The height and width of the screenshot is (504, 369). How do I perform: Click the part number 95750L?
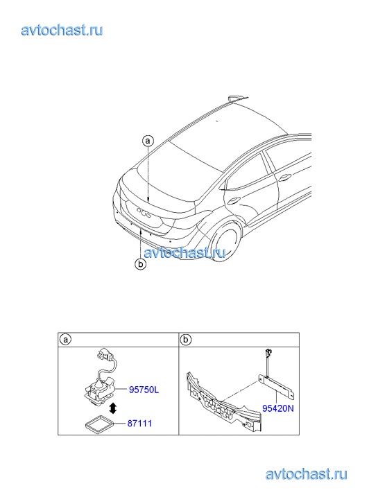click(x=144, y=390)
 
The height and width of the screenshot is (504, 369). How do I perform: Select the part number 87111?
click(x=139, y=424)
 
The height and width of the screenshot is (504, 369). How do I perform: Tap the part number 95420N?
click(x=278, y=408)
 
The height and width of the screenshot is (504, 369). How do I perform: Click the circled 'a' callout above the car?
click(x=148, y=141)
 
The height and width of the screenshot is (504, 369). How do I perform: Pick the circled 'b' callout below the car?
click(x=141, y=265)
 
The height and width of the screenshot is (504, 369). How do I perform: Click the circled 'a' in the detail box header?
click(x=65, y=340)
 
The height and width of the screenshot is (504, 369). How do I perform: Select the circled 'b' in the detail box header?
click(x=186, y=340)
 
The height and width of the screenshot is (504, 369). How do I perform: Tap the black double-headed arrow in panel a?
click(x=113, y=408)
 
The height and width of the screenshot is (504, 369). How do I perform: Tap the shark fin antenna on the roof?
click(x=237, y=98)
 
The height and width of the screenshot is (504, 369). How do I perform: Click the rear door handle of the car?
click(x=232, y=201)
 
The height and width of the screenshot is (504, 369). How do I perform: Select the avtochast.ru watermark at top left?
click(x=62, y=31)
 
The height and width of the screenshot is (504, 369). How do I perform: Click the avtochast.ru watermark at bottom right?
click(x=307, y=474)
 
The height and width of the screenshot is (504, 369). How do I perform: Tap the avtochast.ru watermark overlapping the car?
click(x=184, y=253)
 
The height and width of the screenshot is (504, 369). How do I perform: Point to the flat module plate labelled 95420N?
click(x=277, y=385)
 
